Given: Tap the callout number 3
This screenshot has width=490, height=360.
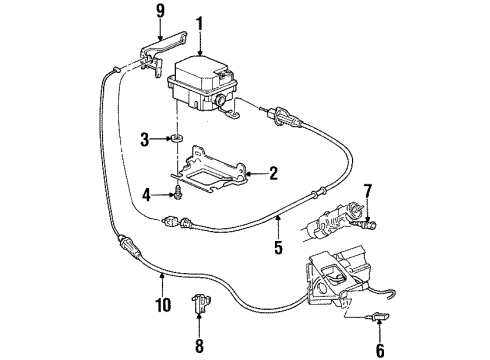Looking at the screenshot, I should (145, 138).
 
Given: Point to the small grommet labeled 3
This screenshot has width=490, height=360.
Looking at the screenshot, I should (175, 139).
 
